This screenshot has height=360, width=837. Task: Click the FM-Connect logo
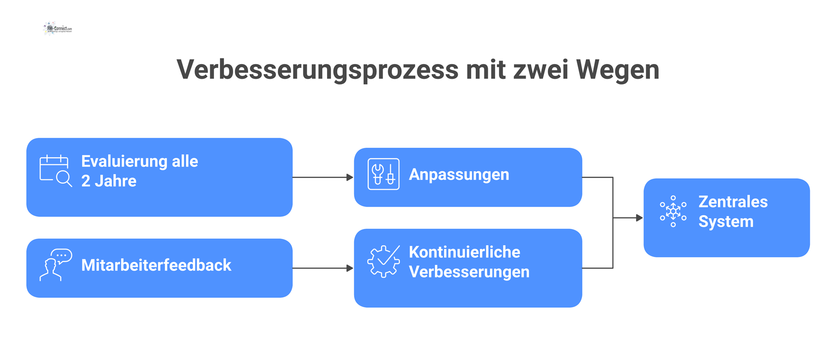pos(58,28)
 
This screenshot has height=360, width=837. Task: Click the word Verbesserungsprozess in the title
pos(317,70)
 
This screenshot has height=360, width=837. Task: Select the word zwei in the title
pos(541,70)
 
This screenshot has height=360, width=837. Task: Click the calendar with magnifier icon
pos(55,170)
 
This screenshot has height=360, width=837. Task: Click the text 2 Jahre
pos(109,181)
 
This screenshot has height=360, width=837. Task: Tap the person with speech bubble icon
pos(55,265)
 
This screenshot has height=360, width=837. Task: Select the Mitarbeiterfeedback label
pos(156,265)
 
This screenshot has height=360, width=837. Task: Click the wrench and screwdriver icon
pos(384,174)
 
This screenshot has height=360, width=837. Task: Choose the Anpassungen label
pos(459,174)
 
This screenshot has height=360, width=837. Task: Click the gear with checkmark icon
pos(384,261)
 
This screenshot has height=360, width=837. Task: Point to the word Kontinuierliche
pos(464,252)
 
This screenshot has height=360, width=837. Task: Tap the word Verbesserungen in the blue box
pos(469,272)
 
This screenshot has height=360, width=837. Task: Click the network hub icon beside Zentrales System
pos(673,211)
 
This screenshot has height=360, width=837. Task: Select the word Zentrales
pos(733,202)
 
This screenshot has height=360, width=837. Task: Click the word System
pos(726,221)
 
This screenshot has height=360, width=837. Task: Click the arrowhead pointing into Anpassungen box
pos(350,177)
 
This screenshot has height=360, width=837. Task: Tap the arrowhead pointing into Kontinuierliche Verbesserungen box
pos(350,268)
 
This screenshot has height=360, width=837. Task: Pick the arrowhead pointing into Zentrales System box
pos(639,217)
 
